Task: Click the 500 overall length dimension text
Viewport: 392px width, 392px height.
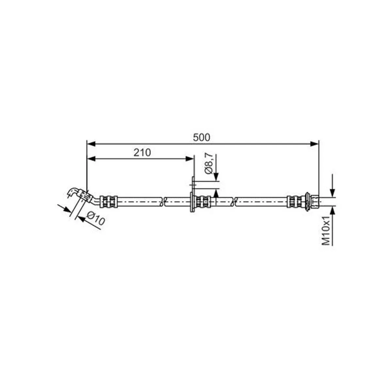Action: tap(202, 138)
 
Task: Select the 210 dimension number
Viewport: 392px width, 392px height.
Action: tap(142, 152)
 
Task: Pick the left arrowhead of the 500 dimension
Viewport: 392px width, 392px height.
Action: tap(91, 144)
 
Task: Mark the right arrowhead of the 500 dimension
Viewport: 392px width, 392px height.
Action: tap(314, 144)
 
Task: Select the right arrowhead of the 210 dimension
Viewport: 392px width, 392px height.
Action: tap(189, 159)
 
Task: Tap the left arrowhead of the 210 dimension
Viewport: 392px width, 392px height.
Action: tap(91, 159)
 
